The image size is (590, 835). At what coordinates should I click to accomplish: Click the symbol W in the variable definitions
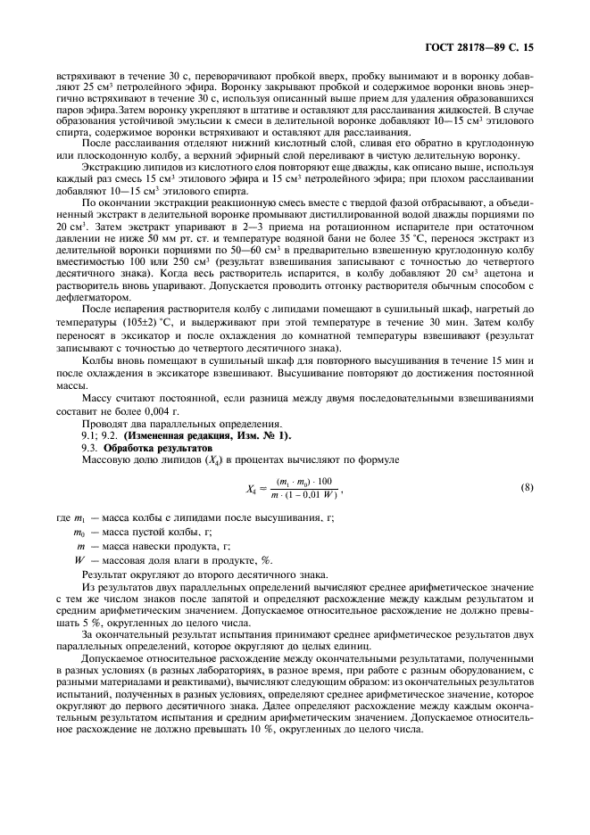coord(79,558)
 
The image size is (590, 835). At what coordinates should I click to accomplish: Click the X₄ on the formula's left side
coord(253,488)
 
